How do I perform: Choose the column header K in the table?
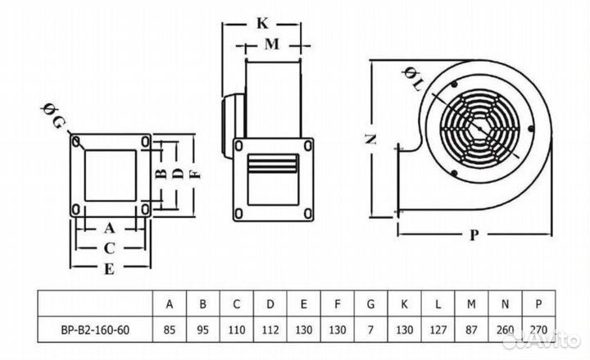tap(404, 304)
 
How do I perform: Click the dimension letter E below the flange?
tap(110, 268)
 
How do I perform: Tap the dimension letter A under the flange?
tap(110, 227)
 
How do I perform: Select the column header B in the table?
tap(203, 304)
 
